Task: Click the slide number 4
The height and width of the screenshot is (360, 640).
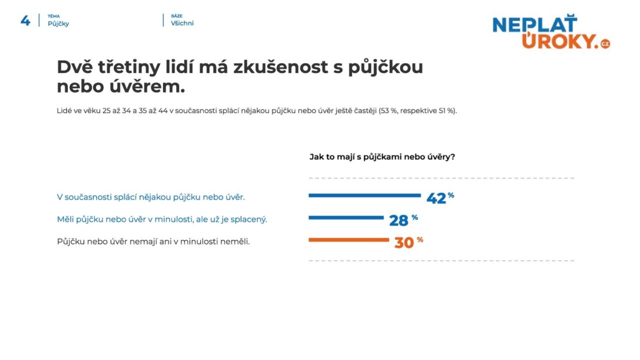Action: pos(25,20)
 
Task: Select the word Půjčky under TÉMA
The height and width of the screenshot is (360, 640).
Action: pos(58,23)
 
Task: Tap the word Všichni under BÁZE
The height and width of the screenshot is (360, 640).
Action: pos(182,23)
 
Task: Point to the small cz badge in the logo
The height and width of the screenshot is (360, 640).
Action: pos(605,44)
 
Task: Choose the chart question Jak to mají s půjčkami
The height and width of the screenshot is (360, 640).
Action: pos(382,157)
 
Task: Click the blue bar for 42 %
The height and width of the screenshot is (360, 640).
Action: pos(364,195)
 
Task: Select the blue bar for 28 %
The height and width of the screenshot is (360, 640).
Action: pos(346,217)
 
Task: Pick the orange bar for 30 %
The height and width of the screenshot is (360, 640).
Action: pos(348,240)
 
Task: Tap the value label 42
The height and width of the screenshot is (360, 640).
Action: pos(436,198)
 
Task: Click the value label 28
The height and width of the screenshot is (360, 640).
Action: pos(398,220)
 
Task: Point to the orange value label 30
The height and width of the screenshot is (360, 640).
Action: pos(404,243)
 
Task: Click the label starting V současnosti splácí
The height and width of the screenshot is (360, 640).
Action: pos(151,197)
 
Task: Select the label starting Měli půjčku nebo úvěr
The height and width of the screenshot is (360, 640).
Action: pos(162,219)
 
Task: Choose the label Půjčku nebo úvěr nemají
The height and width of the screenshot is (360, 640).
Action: pos(153,241)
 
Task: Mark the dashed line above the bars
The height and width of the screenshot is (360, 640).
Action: pos(441,178)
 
